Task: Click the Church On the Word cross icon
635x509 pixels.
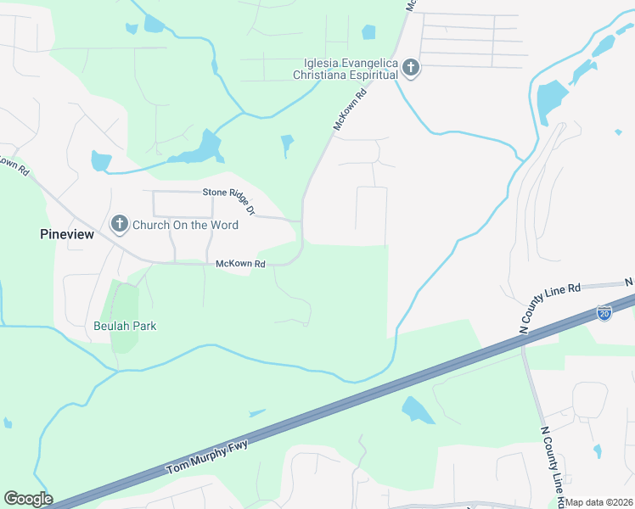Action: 119,225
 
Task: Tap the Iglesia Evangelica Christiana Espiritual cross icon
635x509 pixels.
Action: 411,68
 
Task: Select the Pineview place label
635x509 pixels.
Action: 66,234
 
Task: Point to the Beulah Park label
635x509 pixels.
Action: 125,326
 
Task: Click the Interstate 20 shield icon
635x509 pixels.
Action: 604,313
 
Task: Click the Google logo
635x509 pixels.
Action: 28,499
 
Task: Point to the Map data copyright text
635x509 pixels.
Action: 599,502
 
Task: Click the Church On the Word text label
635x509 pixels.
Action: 185,226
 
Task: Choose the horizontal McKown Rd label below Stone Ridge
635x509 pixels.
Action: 240,265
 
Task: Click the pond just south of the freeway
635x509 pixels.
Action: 417,411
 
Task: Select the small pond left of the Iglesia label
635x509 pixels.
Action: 368,32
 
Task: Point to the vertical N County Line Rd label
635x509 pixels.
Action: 553,457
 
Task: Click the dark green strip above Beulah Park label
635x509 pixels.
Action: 125,305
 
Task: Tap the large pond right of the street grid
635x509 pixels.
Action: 553,101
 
